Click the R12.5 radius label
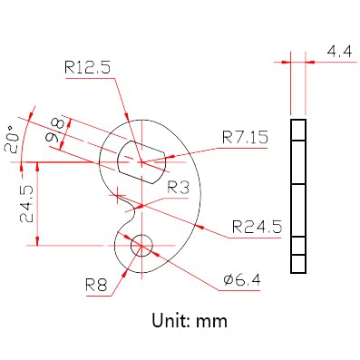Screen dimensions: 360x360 (x=87, y=68)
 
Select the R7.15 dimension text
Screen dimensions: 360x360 (x=245, y=138)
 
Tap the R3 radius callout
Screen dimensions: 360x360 (x=179, y=188)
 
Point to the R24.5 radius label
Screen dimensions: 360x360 (x=258, y=227)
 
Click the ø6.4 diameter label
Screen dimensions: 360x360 (x=242, y=280)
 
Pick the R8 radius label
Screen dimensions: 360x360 (x=96, y=285)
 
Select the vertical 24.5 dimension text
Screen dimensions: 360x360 (x=26, y=203)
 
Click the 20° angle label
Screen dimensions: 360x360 (x=12, y=140)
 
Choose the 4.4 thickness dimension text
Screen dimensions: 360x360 (x=339, y=52)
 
